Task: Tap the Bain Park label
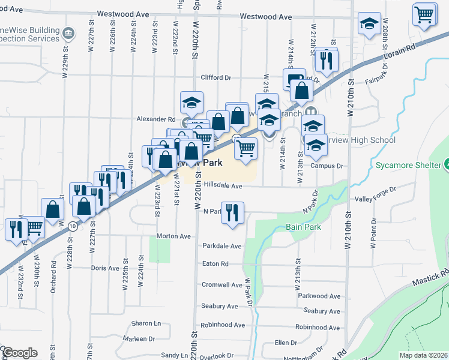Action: pos(303,227)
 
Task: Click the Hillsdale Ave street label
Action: pos(222,186)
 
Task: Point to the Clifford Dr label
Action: pos(215,77)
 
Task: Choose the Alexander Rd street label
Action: pos(155,119)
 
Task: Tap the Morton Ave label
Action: pos(173,236)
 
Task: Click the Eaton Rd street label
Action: pos(215,263)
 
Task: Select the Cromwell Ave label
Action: pos(221,285)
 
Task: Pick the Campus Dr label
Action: pos(327,166)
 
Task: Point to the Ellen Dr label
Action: pos(286,343)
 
